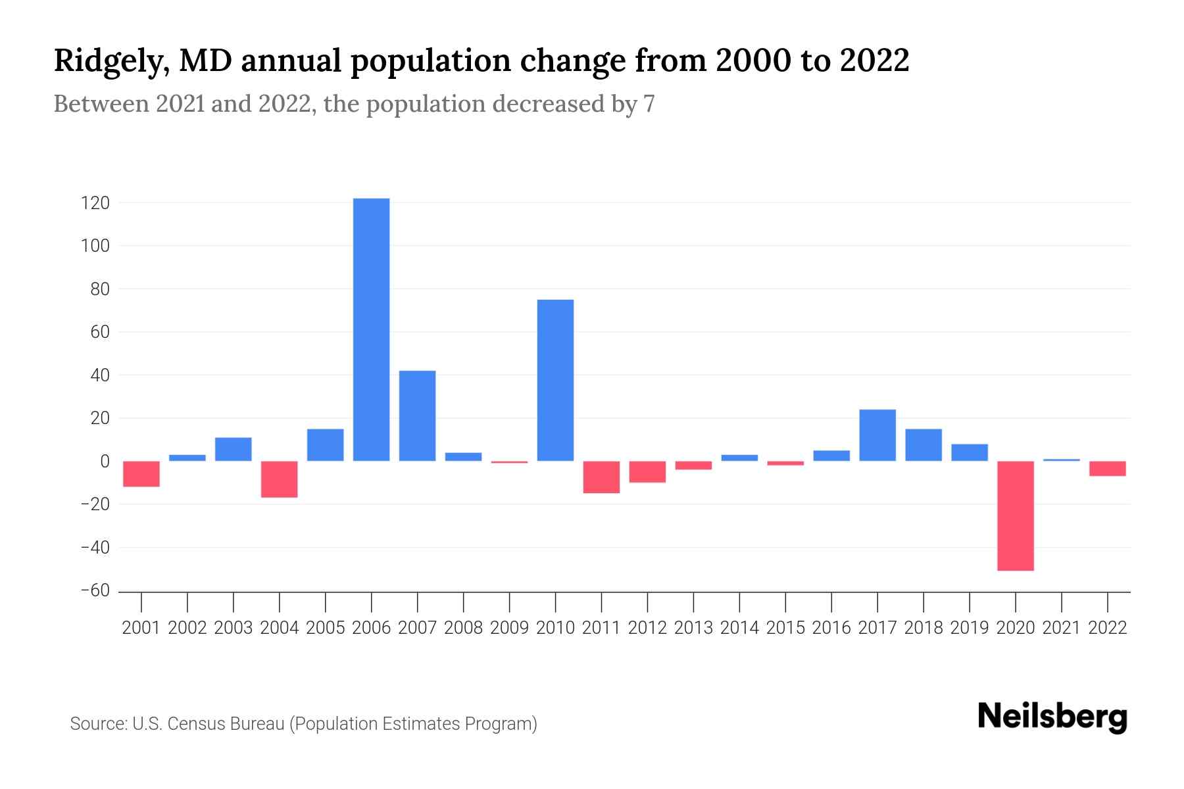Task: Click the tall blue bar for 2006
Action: click(x=371, y=329)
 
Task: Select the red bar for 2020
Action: click(x=1015, y=515)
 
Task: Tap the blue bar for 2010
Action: click(x=555, y=380)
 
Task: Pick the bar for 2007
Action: click(x=417, y=416)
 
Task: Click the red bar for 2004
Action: click(x=279, y=479)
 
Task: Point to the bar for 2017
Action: click(x=877, y=435)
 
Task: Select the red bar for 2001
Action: click(x=141, y=473)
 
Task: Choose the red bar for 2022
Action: click(x=1107, y=468)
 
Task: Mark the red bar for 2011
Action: click(x=601, y=477)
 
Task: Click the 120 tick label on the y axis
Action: click(x=95, y=203)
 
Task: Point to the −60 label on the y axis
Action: click(x=95, y=590)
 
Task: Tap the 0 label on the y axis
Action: click(x=104, y=462)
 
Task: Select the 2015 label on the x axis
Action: click(x=785, y=628)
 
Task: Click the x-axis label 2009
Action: click(x=509, y=628)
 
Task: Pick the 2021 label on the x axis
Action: click(x=1061, y=628)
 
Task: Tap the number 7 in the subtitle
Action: click(x=649, y=105)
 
